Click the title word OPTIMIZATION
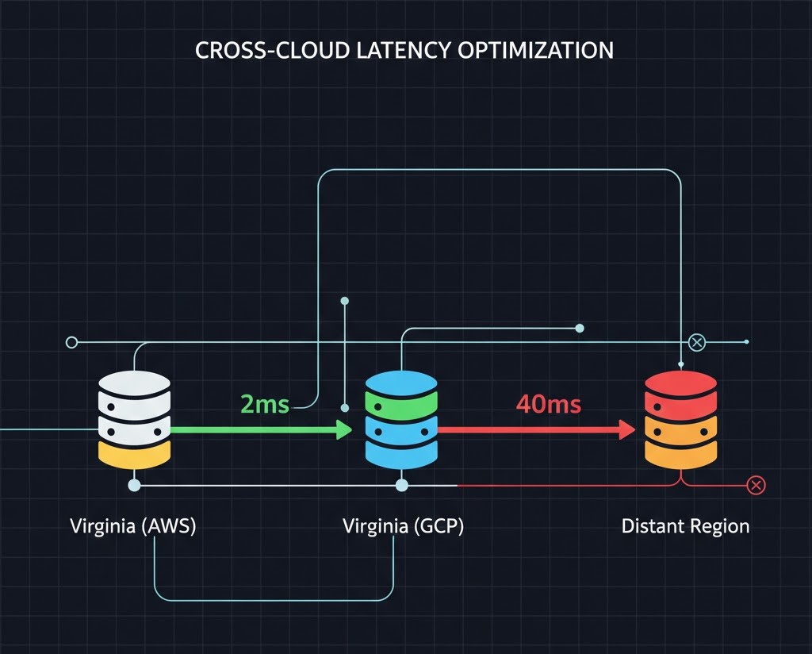(x=535, y=50)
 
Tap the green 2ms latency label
(x=264, y=404)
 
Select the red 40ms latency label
(x=548, y=404)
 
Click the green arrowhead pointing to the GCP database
(x=344, y=429)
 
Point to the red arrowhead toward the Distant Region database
(x=627, y=429)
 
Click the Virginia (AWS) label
(x=133, y=526)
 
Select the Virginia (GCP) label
(x=403, y=526)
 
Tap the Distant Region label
(x=685, y=526)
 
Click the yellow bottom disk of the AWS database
(x=134, y=455)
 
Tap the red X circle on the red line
(x=756, y=485)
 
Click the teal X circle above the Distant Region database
(x=696, y=342)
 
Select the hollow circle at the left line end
(x=71, y=342)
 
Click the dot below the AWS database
(x=134, y=484)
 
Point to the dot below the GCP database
(x=401, y=484)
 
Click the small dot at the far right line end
(x=747, y=342)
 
